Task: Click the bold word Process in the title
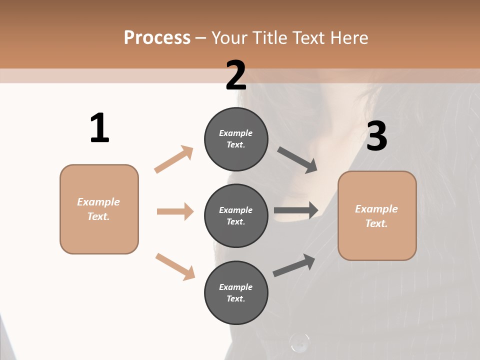(x=157, y=38)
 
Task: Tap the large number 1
(x=99, y=128)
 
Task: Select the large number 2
(x=236, y=75)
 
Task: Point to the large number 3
(x=376, y=136)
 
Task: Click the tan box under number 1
(x=99, y=209)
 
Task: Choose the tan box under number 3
(x=377, y=215)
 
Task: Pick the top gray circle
(x=236, y=138)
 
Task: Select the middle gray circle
(x=236, y=215)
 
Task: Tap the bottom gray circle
(x=236, y=292)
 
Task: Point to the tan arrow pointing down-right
(x=175, y=266)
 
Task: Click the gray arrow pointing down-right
(x=297, y=160)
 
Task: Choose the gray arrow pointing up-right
(x=294, y=265)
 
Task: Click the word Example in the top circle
(x=235, y=133)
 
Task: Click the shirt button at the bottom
(x=299, y=343)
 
